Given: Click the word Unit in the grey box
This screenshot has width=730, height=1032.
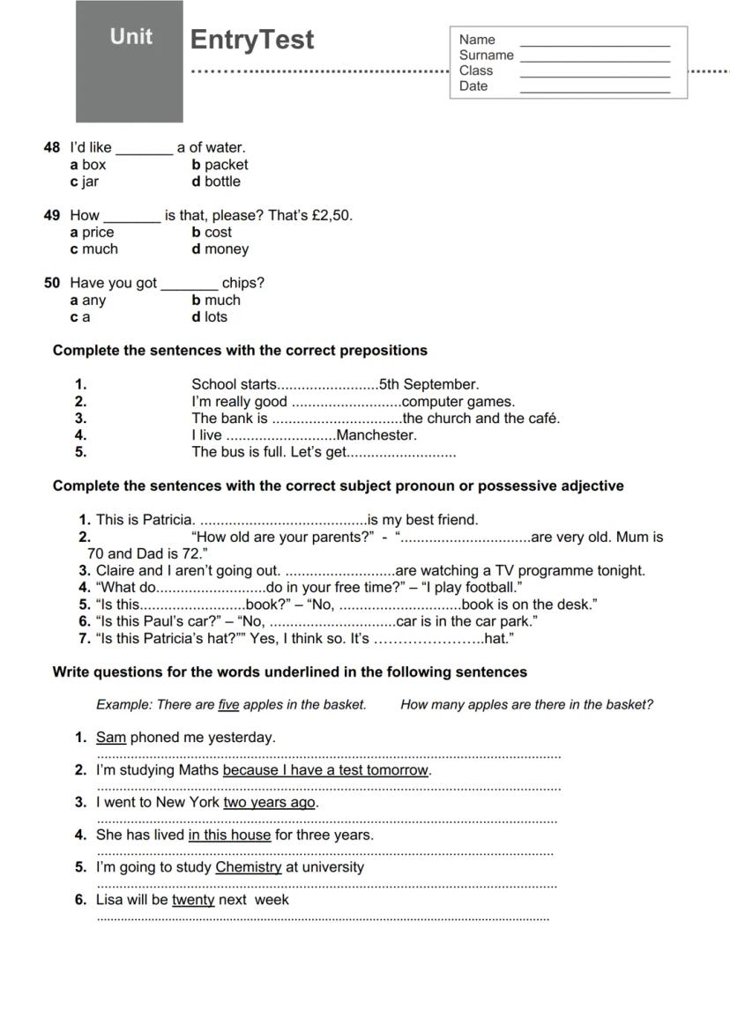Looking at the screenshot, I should pyautogui.click(x=130, y=37).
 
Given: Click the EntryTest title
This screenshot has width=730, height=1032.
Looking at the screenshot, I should pyautogui.click(x=252, y=41).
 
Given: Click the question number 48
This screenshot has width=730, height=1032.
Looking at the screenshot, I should pyautogui.click(x=52, y=147).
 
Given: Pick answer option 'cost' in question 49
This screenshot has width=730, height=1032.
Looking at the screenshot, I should pyautogui.click(x=217, y=233).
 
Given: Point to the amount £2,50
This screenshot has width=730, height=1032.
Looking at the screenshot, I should pyautogui.click(x=331, y=215).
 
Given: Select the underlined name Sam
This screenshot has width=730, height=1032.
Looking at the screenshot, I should pyautogui.click(x=111, y=738).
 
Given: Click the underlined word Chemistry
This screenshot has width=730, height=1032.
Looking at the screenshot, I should pyautogui.click(x=249, y=867).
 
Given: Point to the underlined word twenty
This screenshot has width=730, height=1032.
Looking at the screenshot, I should pyautogui.click(x=193, y=900).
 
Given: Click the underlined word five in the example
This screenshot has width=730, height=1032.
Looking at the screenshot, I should pyautogui.click(x=228, y=705).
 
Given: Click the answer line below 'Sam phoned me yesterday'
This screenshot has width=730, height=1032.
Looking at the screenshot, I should pyautogui.click(x=328, y=755).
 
